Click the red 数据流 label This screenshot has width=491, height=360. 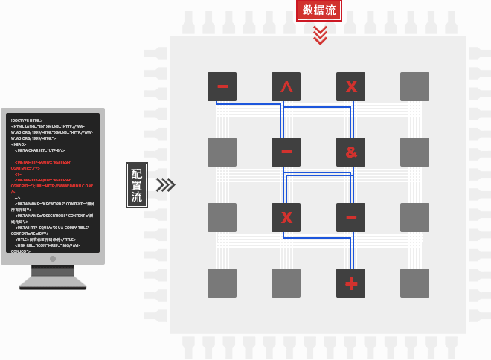[320, 10]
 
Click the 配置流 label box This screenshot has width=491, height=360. [136, 184]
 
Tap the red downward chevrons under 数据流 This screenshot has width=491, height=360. [320, 34]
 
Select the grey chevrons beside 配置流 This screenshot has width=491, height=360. [165, 184]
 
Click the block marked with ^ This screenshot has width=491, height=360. [286, 86]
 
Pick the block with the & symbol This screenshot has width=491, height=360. [351, 152]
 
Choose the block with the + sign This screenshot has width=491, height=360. [351, 283]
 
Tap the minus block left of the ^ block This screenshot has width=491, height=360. [222, 86]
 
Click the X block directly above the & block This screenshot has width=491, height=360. [351, 86]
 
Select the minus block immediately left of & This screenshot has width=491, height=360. [286, 152]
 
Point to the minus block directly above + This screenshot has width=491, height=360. [351, 217]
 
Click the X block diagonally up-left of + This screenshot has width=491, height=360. [286, 217]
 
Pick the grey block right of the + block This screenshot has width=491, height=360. [415, 283]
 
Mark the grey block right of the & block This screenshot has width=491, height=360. [415, 152]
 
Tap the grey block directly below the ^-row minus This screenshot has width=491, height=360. [222, 152]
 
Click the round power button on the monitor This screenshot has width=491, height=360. [53, 260]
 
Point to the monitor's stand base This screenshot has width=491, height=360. [53, 283]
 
